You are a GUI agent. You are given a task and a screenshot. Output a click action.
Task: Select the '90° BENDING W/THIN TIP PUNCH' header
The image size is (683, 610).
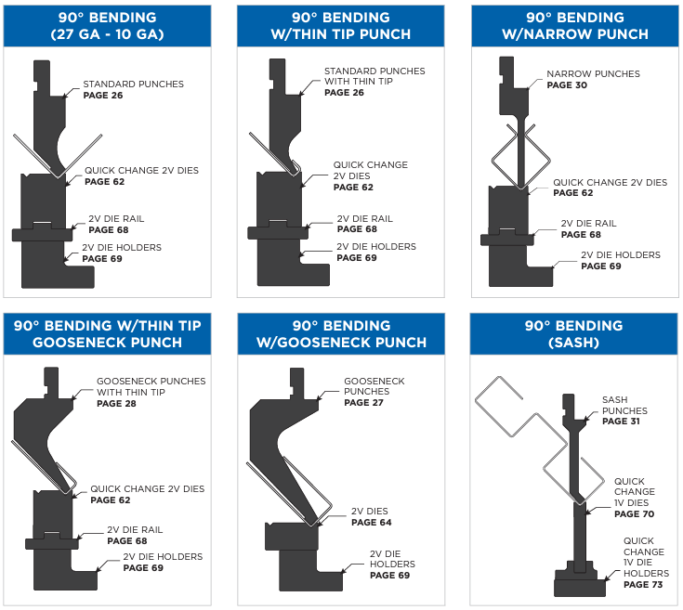341,26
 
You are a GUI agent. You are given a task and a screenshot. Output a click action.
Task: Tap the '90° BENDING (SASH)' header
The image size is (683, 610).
573,334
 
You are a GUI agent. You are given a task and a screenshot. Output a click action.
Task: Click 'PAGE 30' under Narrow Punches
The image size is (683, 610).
566,85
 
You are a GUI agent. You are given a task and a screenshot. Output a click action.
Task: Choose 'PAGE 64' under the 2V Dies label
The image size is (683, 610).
371,523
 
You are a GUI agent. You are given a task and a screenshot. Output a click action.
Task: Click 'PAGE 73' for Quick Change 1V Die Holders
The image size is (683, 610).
642,585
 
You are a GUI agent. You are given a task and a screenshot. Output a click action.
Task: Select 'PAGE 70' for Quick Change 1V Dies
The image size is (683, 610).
635,513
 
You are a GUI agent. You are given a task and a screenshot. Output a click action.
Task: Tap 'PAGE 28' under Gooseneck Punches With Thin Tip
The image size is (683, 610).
115,404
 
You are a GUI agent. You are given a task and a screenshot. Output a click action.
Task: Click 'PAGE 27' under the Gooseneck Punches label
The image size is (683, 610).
363,403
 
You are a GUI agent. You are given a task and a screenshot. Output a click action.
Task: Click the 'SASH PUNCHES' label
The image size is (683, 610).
624,406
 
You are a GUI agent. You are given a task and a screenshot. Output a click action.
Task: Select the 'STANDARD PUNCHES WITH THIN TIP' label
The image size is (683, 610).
374,76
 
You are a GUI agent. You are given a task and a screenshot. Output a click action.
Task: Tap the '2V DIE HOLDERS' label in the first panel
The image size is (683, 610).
122,248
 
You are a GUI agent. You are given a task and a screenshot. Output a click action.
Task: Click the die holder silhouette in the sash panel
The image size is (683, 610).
580,584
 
